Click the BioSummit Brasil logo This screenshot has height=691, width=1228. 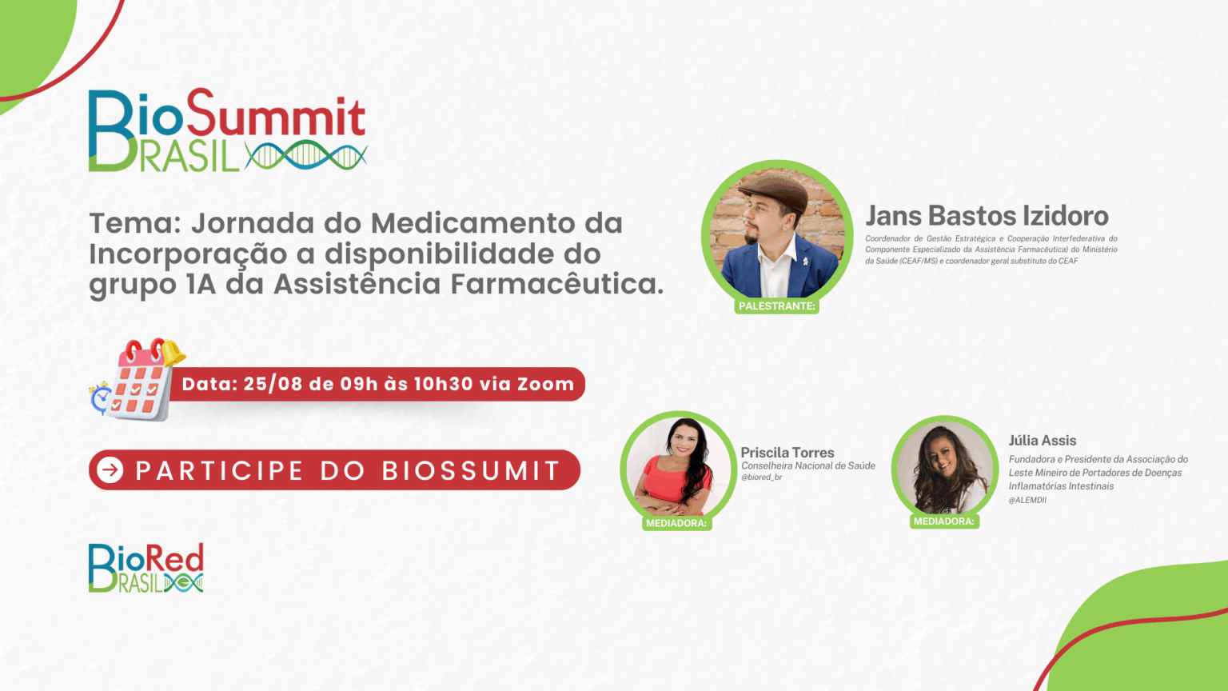(x=228, y=130)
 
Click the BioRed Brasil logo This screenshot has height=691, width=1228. (x=146, y=568)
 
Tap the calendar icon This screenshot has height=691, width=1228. (x=138, y=380)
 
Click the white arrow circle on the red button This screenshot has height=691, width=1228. (x=110, y=470)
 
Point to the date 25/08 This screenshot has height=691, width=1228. (x=273, y=384)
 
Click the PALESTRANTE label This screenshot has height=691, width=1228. (x=777, y=306)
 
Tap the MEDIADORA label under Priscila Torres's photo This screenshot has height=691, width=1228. (x=676, y=523)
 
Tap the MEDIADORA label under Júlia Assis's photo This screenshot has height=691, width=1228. (x=944, y=521)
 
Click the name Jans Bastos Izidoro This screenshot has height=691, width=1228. (x=987, y=215)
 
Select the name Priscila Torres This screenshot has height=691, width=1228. (x=787, y=453)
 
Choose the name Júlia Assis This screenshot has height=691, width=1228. (x=1043, y=441)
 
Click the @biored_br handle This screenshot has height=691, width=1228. (x=761, y=477)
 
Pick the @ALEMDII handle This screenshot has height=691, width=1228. (x=1027, y=500)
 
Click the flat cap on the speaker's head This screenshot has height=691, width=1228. (x=776, y=190)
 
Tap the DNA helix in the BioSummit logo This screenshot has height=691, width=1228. (x=306, y=155)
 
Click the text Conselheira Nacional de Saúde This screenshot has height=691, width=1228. (x=808, y=465)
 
